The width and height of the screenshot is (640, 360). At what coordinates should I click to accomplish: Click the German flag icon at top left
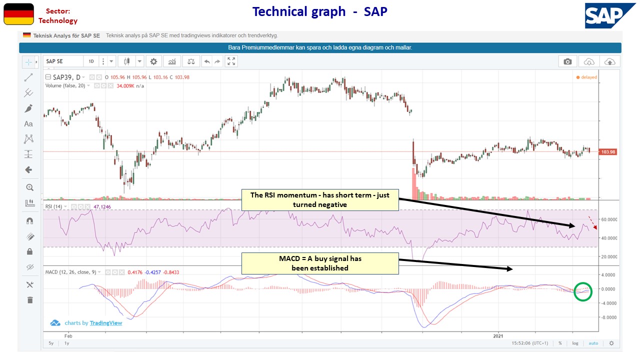point(19,14)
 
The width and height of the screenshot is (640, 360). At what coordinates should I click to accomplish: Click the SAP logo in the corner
point(610,15)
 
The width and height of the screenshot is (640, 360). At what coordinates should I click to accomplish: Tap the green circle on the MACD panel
point(583,291)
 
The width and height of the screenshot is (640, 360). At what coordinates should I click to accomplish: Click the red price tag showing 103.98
point(607,152)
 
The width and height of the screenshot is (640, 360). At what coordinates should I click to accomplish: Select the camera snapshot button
point(567,61)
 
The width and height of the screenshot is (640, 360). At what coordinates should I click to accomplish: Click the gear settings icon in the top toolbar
point(153,61)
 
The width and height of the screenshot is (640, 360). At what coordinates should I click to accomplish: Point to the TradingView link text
point(105,323)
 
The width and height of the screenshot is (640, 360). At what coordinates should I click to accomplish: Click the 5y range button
point(51,343)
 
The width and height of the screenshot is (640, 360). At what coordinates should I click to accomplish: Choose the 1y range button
point(66,343)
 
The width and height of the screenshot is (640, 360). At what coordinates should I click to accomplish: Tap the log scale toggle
point(575,343)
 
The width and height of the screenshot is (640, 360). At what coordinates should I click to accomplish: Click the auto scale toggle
point(593,343)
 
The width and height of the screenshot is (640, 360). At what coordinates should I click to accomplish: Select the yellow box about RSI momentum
point(320,199)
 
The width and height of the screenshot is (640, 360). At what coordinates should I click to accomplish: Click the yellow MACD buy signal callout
point(320,263)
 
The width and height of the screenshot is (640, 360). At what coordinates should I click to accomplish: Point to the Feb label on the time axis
point(68,336)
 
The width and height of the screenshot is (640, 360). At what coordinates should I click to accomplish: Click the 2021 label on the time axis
point(498,336)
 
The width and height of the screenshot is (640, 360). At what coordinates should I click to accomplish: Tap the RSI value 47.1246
point(102,206)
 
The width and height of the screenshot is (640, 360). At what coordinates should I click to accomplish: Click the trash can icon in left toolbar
point(29,300)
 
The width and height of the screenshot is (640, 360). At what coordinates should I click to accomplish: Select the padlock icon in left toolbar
point(29,251)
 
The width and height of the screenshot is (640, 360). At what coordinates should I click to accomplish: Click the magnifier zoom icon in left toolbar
point(29,187)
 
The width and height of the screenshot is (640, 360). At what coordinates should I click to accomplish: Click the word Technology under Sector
point(58,21)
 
